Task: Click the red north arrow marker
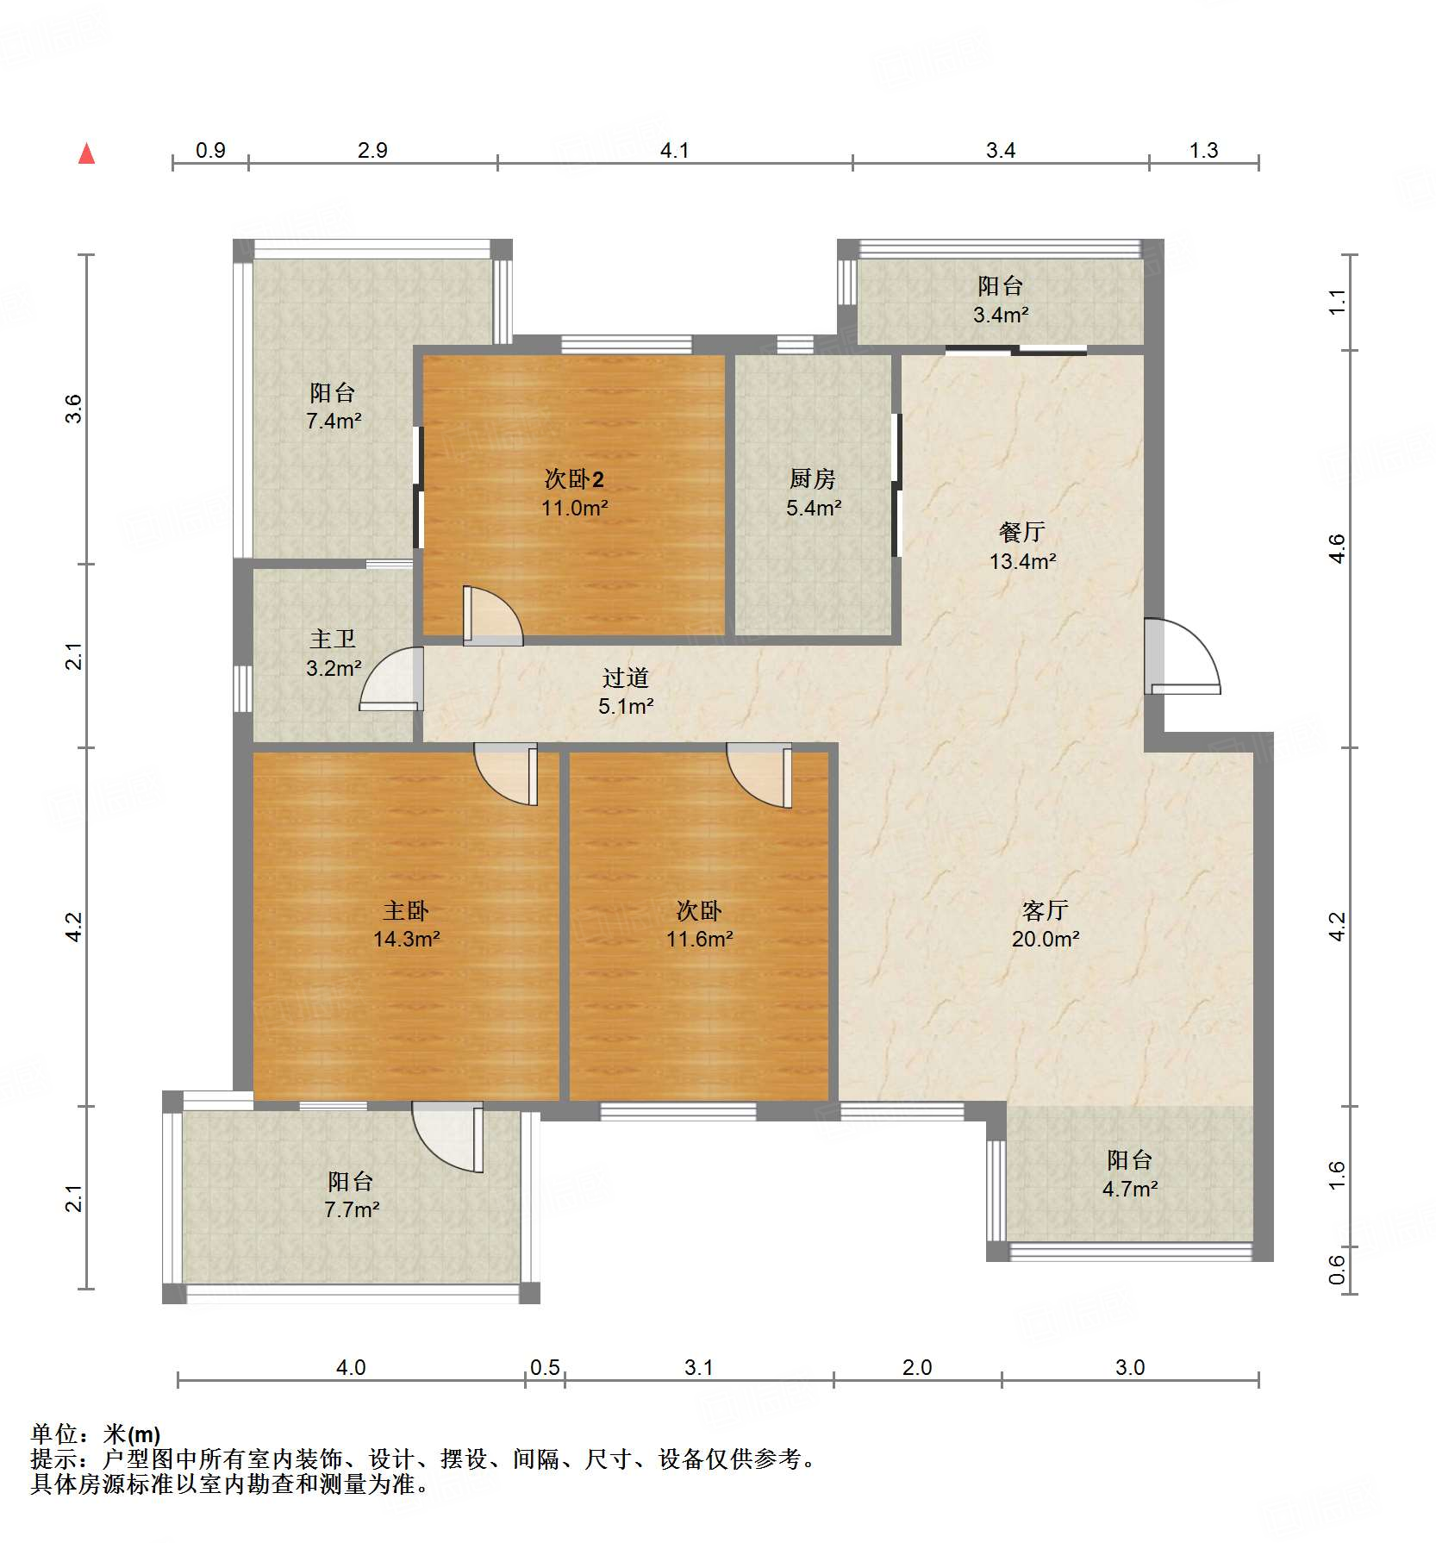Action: coord(86,153)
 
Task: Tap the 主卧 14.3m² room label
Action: coord(406,924)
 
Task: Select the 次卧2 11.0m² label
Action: coord(574,492)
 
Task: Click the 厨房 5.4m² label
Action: coord(813,492)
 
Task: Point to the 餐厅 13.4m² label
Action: coord(1022,546)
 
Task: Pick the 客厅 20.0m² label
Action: coord(1045,924)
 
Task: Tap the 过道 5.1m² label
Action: coord(625,691)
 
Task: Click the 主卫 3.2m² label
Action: coord(333,653)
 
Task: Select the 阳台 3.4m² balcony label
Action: coord(1000,299)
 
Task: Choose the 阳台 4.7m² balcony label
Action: coord(1129,1173)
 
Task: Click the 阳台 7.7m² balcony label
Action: coord(351,1195)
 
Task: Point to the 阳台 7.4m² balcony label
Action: coord(333,406)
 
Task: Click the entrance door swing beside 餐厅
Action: coord(1183,657)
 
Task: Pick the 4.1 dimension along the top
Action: coord(674,151)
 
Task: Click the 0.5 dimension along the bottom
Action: coord(545,1368)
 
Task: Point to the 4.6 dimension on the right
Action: coord(1335,548)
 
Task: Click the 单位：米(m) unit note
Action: coord(95,1434)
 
